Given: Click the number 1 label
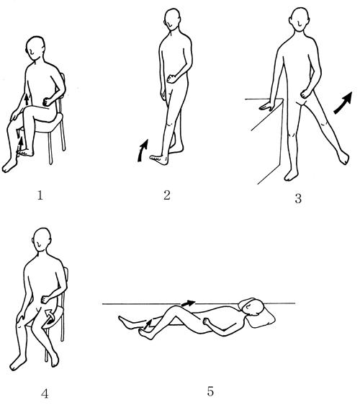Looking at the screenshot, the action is (x=40, y=195).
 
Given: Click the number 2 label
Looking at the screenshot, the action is (x=167, y=195).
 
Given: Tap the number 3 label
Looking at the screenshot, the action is (x=298, y=198).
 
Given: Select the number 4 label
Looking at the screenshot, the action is (x=45, y=393).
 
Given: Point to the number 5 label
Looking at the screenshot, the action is (x=210, y=391).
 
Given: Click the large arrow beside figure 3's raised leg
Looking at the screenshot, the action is (x=343, y=103).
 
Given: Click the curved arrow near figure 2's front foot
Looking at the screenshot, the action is (x=143, y=151).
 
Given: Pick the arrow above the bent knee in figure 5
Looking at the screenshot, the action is (x=188, y=303).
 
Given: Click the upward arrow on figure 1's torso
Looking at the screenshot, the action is (x=27, y=99).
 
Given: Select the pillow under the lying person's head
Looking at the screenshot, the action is (x=258, y=316).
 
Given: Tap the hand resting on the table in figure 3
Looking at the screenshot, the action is (x=266, y=106).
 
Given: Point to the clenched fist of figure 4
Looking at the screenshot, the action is (x=45, y=299).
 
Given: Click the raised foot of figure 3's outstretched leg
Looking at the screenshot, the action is (x=343, y=157).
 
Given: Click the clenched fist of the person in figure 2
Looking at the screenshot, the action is (x=171, y=79).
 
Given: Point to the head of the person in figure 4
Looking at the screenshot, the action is (x=42, y=239).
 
